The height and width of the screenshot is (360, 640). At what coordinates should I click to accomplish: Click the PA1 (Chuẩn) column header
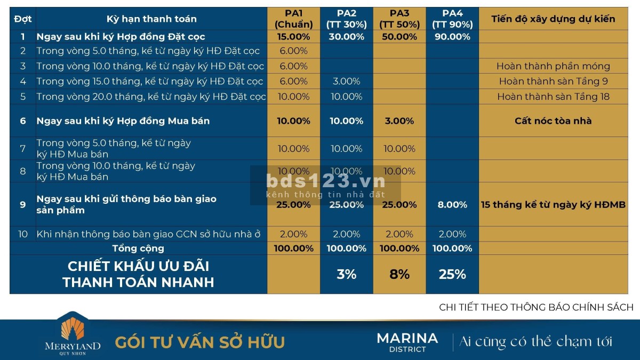pos(293,19)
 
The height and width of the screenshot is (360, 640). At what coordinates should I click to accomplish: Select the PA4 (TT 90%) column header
pos(452,19)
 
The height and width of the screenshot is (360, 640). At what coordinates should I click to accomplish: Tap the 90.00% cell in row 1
pos(452,37)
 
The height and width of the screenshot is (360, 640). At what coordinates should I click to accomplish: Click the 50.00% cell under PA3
pos(399,37)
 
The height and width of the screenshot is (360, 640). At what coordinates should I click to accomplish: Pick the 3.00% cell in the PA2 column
pos(346,82)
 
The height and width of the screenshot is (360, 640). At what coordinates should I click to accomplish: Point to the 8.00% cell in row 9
pos(452,205)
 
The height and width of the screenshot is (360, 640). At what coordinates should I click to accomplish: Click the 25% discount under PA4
pos(452,275)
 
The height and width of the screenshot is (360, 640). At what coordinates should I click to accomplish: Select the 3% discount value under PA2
pos(346,275)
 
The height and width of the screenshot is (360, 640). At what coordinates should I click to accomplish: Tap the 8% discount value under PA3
pos(399,275)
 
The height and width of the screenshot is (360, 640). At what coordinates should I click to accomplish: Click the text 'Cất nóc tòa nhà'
pos(553,121)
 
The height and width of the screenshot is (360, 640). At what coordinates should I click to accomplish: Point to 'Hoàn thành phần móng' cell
pos(553,67)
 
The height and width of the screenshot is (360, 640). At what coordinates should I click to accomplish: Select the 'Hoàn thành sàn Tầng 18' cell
pos(553,97)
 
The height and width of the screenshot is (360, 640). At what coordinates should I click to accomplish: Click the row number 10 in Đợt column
pos(22,235)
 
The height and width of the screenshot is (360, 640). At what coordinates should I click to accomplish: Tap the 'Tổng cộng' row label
pos(138,249)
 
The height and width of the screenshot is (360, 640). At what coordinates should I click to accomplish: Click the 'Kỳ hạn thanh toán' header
pos(151,19)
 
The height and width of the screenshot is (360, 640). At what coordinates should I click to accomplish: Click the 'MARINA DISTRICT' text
pos(407,341)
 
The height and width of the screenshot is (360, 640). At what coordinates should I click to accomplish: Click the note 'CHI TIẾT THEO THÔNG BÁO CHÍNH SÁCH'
pos(536,307)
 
